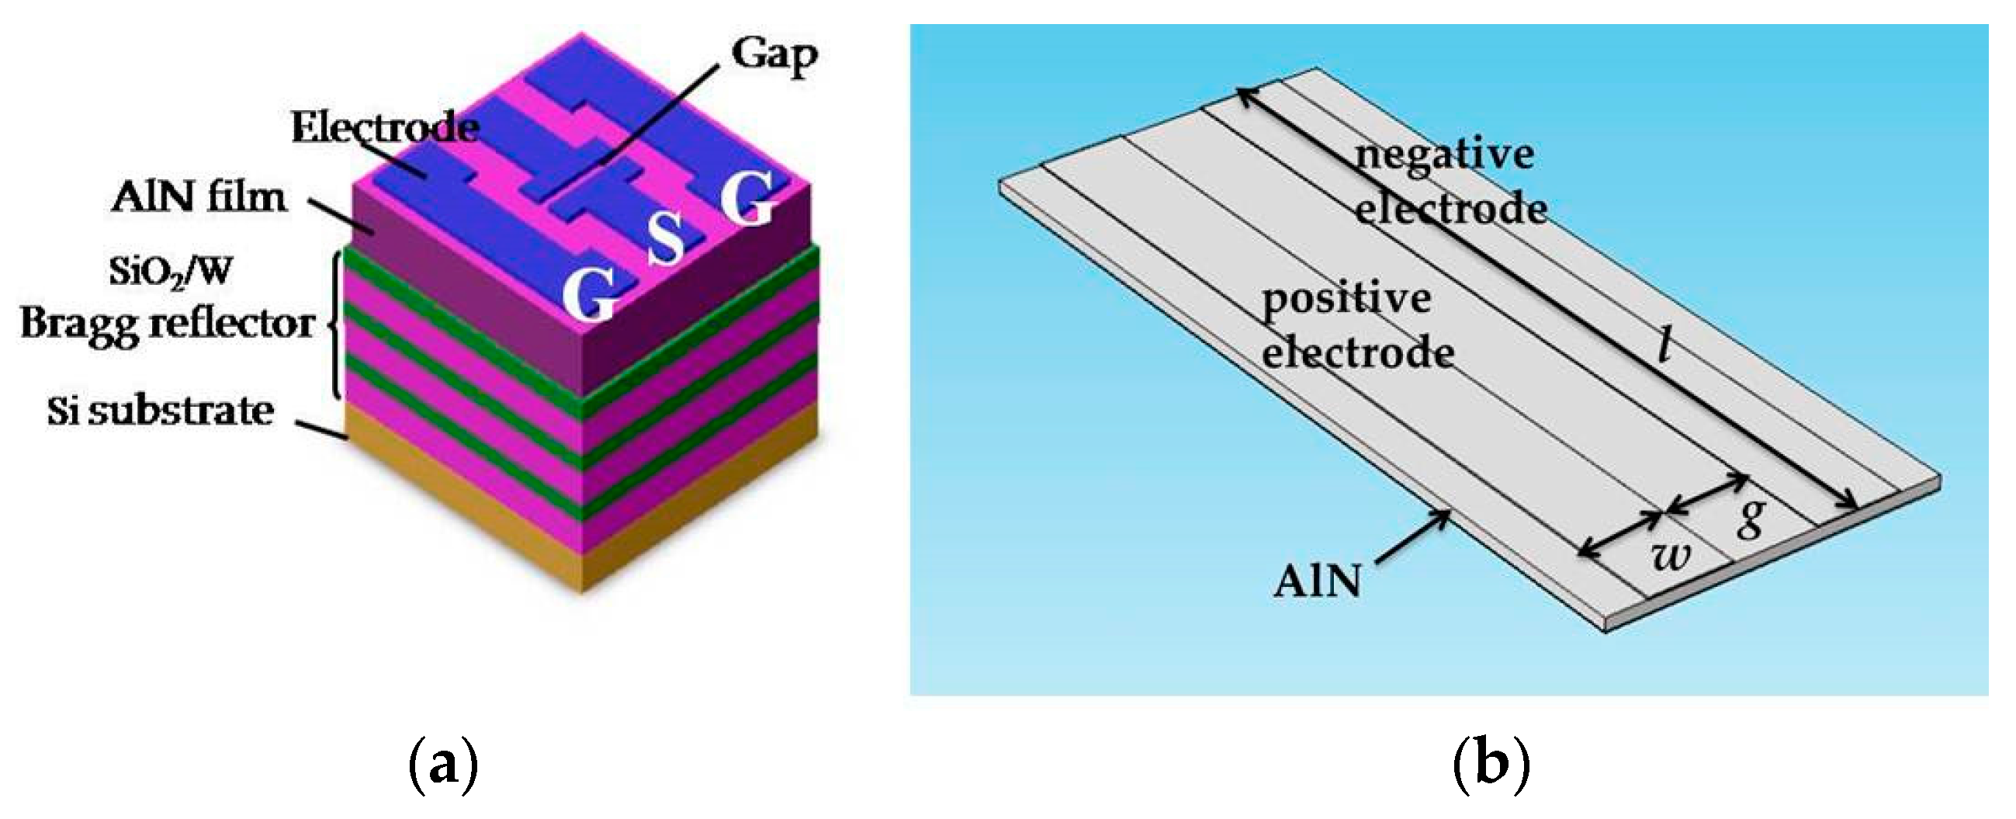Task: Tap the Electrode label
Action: tap(384, 127)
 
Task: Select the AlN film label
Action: tap(199, 196)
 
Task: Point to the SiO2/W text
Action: tap(171, 272)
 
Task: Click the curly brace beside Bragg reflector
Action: tap(335, 325)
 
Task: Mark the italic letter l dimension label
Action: tap(1666, 344)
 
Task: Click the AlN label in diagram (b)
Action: tap(1318, 581)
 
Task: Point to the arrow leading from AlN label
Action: tap(1413, 536)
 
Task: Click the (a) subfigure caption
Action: tap(443, 764)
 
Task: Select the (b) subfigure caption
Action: tap(1491, 764)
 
